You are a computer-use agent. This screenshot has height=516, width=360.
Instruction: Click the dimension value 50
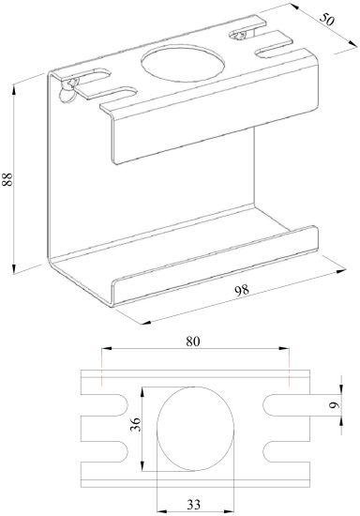coord(326,20)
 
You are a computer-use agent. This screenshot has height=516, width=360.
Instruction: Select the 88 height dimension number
coord(7,179)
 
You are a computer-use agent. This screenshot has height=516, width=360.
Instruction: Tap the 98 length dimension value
coord(242,291)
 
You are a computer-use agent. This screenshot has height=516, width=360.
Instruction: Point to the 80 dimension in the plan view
coord(193,341)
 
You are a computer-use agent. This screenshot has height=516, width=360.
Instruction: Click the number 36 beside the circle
coord(135,424)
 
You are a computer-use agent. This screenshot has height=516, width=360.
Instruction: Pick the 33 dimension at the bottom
coord(194,504)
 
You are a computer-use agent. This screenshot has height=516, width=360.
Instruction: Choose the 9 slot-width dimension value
coord(335,404)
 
